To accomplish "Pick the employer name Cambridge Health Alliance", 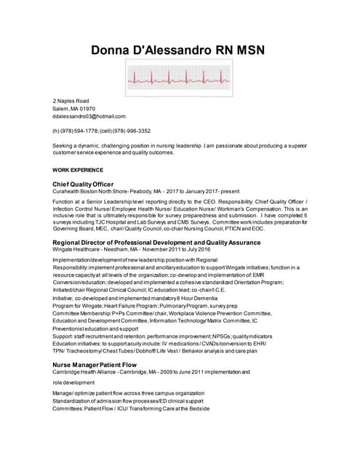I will click(91, 371).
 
